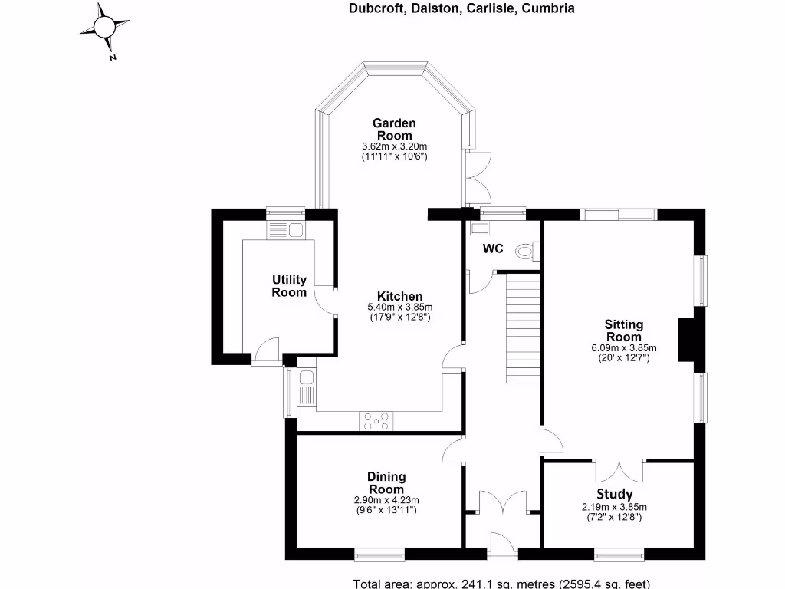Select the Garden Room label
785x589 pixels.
click(x=394, y=129)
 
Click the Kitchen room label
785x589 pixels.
click(x=399, y=297)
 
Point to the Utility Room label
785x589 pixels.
click(x=289, y=285)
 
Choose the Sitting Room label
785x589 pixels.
click(x=624, y=331)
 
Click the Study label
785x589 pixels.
click(x=615, y=494)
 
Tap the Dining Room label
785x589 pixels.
click(x=386, y=483)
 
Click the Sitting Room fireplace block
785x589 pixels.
click(x=685, y=340)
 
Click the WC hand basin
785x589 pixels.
click(x=480, y=228)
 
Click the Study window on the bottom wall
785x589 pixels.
click(x=619, y=549)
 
